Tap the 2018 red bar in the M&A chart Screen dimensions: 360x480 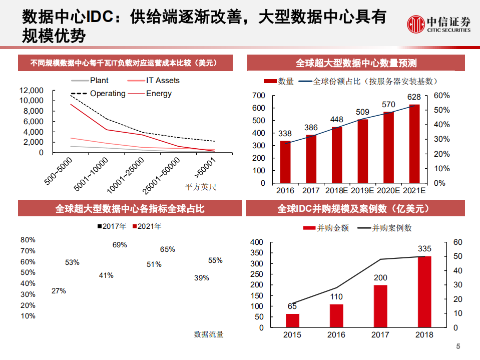click(x=424, y=292)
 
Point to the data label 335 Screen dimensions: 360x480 click(x=424, y=249)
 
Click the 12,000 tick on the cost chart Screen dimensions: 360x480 click(x=32, y=91)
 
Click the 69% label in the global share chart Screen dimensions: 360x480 click(x=120, y=245)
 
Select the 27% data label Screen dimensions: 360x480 click(x=59, y=290)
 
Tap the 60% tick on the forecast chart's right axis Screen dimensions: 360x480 click(x=442, y=96)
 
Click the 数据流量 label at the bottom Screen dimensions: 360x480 click(x=209, y=334)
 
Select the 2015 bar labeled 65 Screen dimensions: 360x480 click(x=292, y=320)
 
